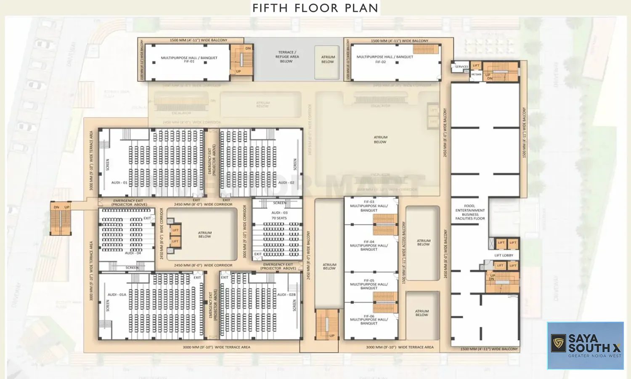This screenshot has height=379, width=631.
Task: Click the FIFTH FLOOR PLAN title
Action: pos(315,8)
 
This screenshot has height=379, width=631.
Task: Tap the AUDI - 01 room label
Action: pos(119,183)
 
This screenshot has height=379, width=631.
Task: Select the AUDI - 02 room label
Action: pos(286,183)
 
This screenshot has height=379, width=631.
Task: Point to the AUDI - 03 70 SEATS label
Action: pos(279,215)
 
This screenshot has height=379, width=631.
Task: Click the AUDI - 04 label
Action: pos(133,253)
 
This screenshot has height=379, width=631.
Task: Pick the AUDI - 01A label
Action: pos(117,295)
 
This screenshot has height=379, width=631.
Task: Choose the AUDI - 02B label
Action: pos(286,295)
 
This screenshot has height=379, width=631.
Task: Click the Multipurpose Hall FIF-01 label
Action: pos(189,59)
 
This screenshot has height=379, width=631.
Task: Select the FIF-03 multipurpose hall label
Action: pos(369,206)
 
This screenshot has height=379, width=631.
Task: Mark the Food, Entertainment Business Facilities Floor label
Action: pos(470,212)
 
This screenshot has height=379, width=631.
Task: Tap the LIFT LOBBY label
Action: pos(504,255)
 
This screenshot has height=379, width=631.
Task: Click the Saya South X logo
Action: pos(585,345)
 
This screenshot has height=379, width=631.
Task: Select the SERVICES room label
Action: pos(461,67)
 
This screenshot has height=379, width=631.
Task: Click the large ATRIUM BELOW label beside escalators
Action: pos(380,139)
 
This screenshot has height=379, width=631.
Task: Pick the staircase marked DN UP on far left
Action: pos(61,220)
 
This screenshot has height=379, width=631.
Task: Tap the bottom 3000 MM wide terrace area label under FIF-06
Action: pos(399,347)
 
